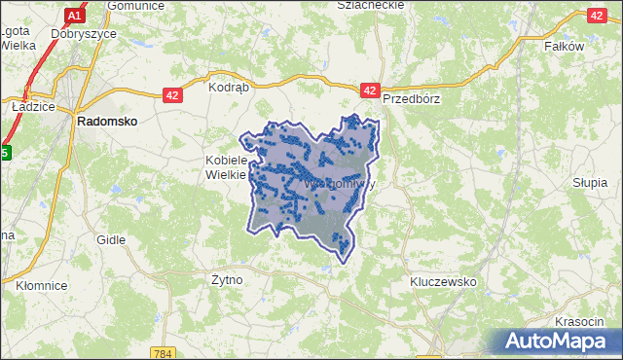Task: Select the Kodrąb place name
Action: [x=230, y=87]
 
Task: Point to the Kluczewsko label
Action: [x=443, y=281]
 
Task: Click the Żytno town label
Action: [x=227, y=279]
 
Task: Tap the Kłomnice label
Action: [x=42, y=285]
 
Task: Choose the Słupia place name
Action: [x=590, y=182]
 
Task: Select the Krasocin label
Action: [x=582, y=321]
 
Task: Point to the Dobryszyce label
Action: [x=86, y=33]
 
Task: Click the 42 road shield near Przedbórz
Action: [x=369, y=90]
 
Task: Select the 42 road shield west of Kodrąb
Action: [x=171, y=94]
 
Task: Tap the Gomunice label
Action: [x=133, y=5]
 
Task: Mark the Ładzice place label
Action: [x=31, y=106]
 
